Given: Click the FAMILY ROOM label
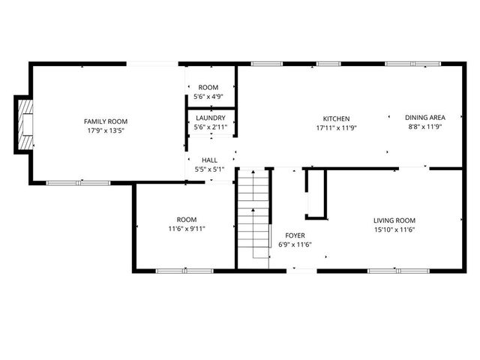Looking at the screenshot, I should (106, 121).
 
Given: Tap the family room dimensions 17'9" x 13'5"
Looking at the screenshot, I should (106, 130).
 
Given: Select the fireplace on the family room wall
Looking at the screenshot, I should (26, 127).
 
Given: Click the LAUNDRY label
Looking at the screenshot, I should (211, 118).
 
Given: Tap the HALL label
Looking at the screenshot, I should (210, 160).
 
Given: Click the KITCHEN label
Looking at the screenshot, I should (336, 118).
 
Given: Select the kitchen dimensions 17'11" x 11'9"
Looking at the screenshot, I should (336, 127).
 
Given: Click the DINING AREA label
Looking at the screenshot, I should (425, 118).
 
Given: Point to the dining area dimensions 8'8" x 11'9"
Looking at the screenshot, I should (425, 127).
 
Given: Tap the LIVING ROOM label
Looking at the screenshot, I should (394, 220).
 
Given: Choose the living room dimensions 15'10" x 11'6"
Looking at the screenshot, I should (394, 229).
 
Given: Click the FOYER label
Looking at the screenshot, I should (294, 235).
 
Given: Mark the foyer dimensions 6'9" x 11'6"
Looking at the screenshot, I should (294, 244).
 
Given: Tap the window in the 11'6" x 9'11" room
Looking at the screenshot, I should (184, 270).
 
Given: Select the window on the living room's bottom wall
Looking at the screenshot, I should (397, 270).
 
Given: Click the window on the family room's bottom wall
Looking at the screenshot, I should (78, 182).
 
